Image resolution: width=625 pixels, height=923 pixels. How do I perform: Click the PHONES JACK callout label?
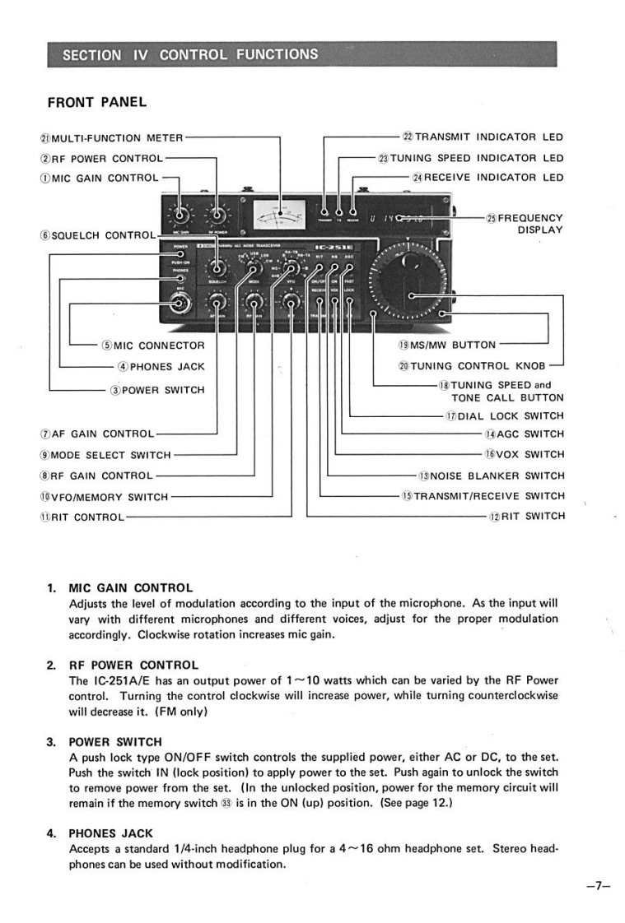click(161, 367)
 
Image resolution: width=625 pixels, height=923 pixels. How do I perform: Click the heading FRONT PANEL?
click(96, 102)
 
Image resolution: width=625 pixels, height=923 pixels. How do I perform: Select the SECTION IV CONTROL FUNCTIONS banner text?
click(190, 55)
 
